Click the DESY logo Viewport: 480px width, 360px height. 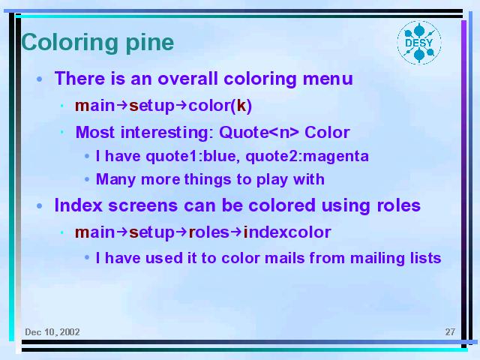(419, 43)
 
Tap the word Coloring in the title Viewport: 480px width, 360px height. (70, 43)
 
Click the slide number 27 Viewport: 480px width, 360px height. (450, 331)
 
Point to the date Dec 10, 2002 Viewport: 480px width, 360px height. (52, 332)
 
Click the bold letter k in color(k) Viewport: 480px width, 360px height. (241, 106)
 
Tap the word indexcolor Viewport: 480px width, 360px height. (287, 232)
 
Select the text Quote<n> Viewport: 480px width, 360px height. (259, 132)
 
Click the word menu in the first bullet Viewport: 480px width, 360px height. (328, 79)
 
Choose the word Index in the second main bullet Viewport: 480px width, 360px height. (78, 205)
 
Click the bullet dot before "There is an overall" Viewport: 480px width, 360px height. (40, 79)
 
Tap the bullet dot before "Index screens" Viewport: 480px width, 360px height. (40, 206)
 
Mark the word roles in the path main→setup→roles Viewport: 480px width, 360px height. (208, 232)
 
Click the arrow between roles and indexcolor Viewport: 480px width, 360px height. (236, 232)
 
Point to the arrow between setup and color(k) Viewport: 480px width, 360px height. (181, 106)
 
